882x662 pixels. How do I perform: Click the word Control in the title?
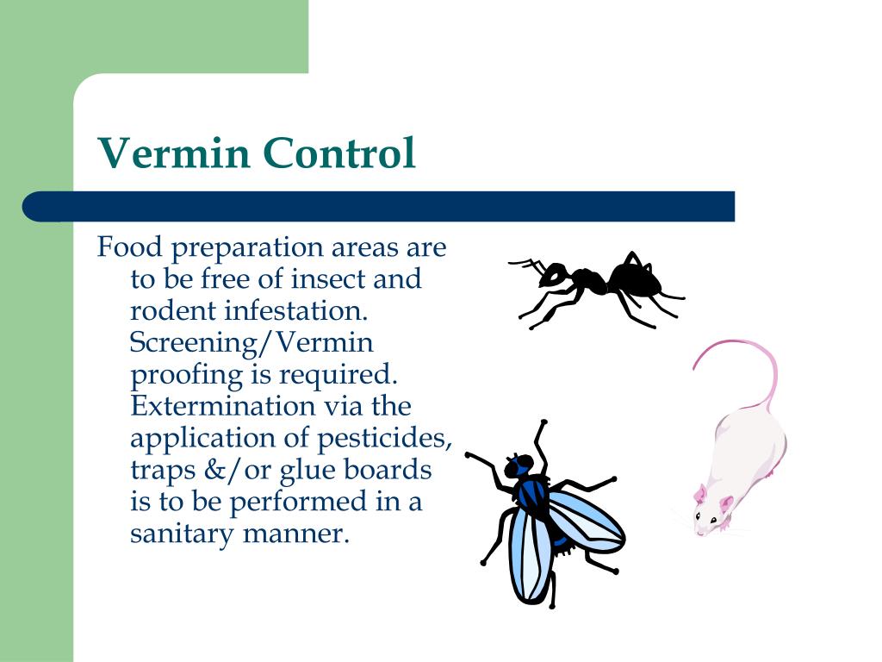click(x=339, y=153)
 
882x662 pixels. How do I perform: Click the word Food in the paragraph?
click(x=129, y=248)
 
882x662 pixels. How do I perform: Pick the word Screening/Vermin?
click(x=252, y=343)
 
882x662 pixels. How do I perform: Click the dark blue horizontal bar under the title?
click(x=379, y=207)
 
